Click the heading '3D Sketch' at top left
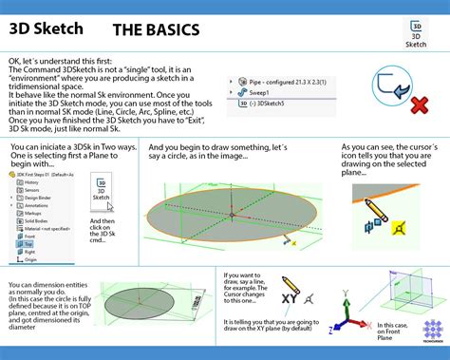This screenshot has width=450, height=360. (x=45, y=28)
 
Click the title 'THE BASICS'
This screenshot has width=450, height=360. (x=156, y=30)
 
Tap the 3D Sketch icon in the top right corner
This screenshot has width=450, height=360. (x=415, y=31)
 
